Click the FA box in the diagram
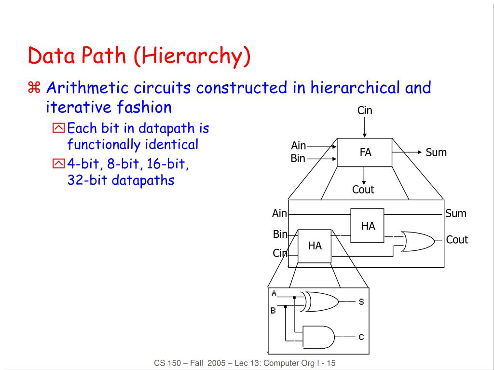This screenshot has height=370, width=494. coord(365,152)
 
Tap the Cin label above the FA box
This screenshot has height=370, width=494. coord(365,110)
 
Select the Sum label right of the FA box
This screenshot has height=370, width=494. coord(436,153)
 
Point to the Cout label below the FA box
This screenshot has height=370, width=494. coord(363,190)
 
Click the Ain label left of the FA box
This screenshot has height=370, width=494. coord(299,145)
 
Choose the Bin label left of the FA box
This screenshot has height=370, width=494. coord(298,158)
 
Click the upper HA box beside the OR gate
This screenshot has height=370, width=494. coord(368,226)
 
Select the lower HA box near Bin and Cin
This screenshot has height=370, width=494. coord(315,246)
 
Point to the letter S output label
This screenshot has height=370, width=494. coord(361,302)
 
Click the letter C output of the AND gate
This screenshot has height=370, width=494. coord(361,337)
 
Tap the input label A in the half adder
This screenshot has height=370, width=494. coord(274,293)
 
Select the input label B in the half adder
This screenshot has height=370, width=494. coord(273,311)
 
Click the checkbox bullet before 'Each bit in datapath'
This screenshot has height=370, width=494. coord(58,129)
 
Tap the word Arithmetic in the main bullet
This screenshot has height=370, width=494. coord(87,88)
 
